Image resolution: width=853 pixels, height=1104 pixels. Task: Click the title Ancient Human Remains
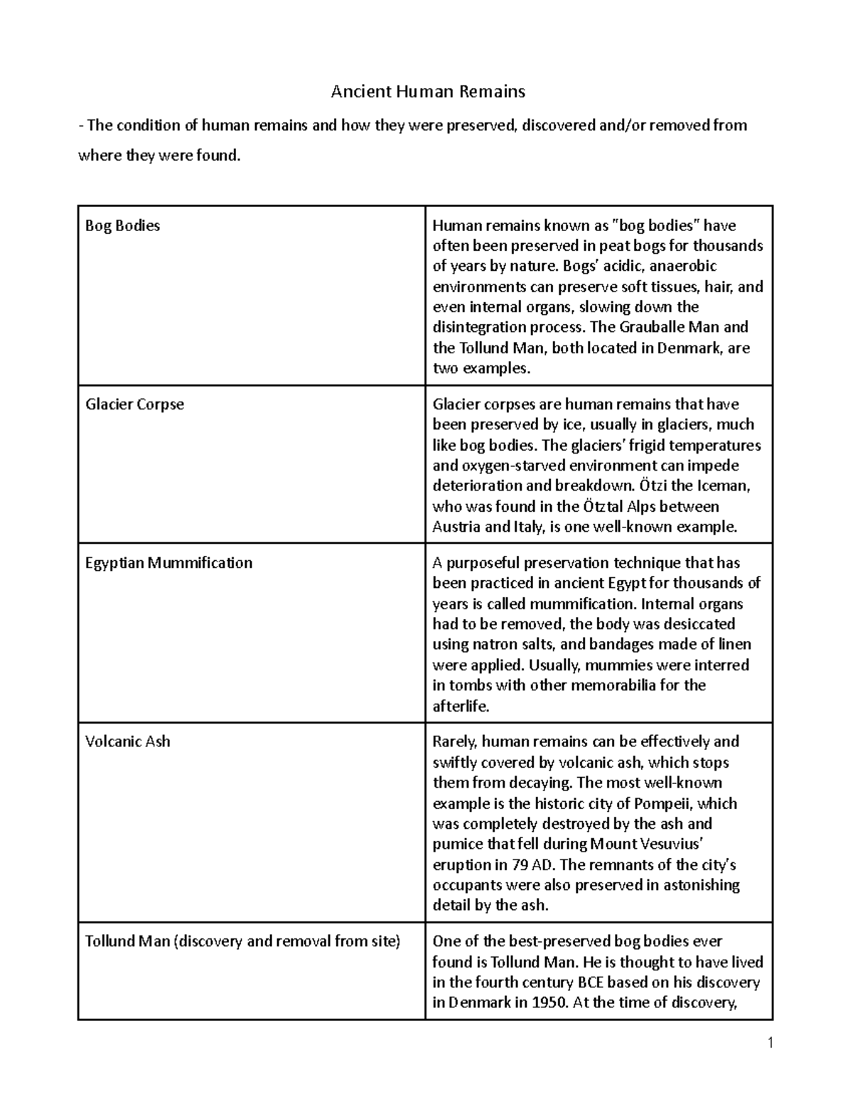pyautogui.click(x=428, y=91)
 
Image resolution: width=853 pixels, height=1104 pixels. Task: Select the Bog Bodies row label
pyautogui.click(x=122, y=226)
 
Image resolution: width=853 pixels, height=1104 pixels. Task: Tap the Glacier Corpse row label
pyautogui.click(x=134, y=404)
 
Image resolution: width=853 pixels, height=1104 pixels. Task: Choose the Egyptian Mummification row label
pyautogui.click(x=168, y=563)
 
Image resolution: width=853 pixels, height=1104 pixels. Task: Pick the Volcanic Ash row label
pyautogui.click(x=127, y=741)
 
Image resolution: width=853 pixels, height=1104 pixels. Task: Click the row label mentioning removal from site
pyautogui.click(x=242, y=941)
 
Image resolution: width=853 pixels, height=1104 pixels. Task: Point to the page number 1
pyautogui.click(x=769, y=1044)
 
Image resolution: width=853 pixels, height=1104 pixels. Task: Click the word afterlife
pyautogui.click(x=461, y=707)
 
